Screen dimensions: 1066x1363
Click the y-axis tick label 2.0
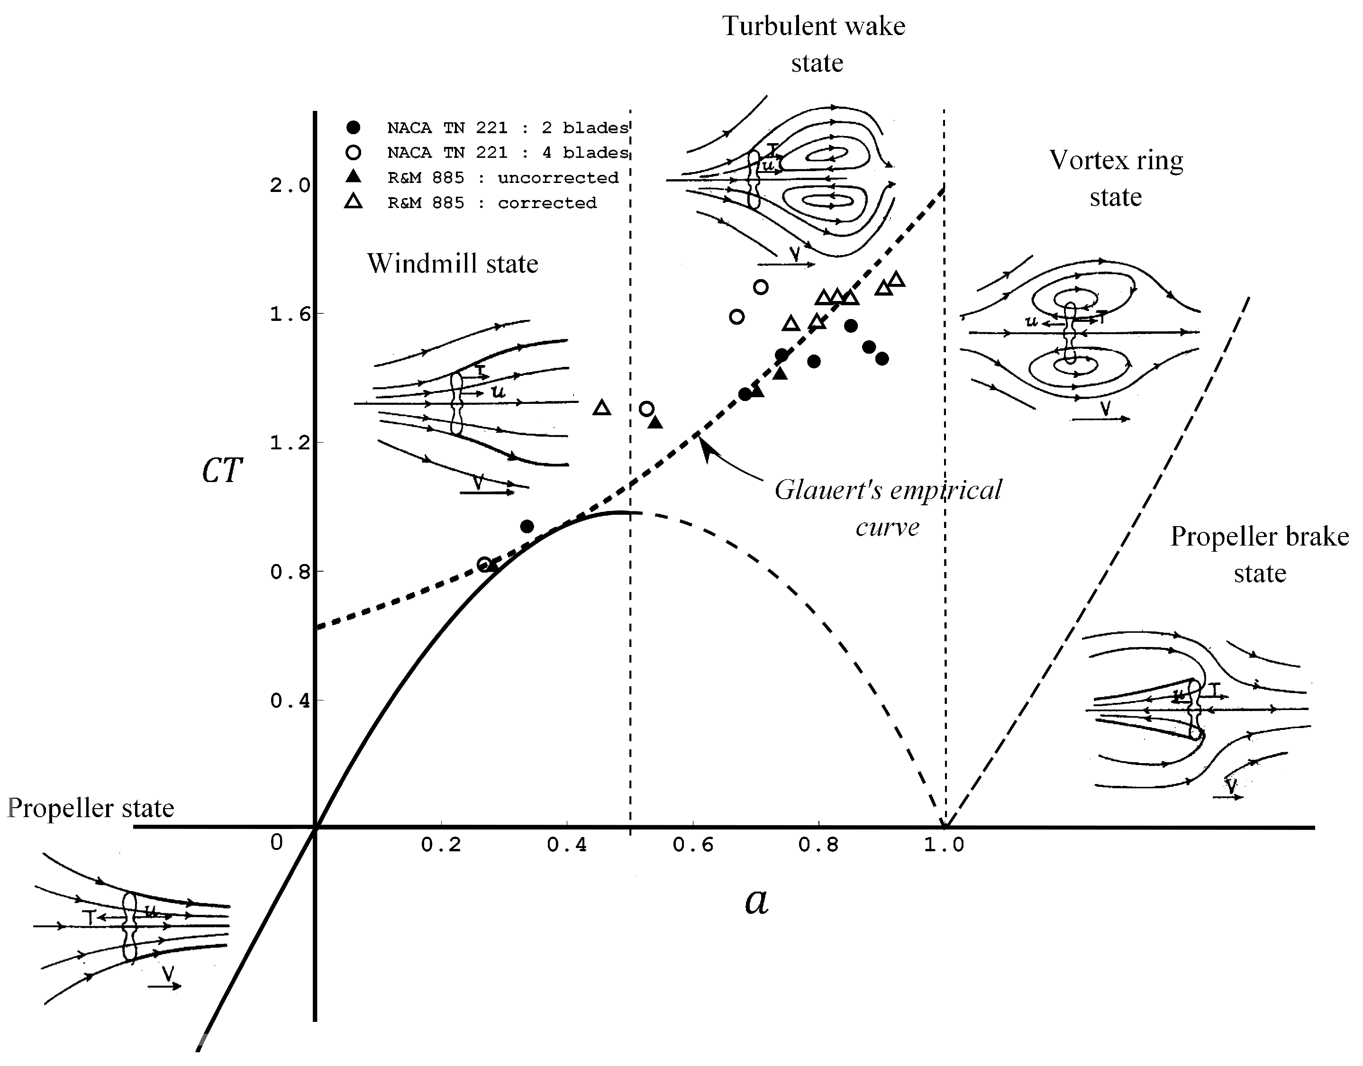[290, 185]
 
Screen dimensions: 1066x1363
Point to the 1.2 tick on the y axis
[290, 443]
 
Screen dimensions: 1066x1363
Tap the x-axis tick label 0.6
[693, 845]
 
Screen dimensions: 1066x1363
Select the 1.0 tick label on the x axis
[944, 845]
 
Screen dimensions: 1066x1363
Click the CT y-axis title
[221, 471]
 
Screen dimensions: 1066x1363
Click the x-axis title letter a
[756, 901]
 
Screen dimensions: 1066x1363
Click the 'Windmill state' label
[453, 264]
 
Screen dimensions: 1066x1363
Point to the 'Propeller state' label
[91, 808]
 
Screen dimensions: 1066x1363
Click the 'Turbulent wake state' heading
[814, 44]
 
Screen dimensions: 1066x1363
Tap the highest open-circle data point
[760, 287]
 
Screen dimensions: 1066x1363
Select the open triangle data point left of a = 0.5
[601, 408]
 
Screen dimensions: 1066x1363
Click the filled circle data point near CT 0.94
[527, 526]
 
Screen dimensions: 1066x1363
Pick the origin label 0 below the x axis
[276, 843]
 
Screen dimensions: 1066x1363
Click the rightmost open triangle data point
[897, 280]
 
